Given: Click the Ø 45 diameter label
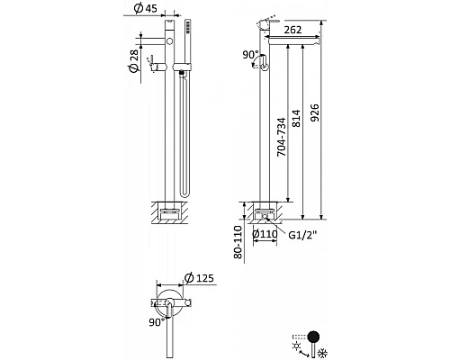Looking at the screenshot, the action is (146, 8).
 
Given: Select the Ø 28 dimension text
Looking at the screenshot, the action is (134, 61).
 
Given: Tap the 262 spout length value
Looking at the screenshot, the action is (292, 30).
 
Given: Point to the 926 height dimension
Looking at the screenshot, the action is (314, 112).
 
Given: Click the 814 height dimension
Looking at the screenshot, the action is (296, 118).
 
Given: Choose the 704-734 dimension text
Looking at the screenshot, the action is (282, 137).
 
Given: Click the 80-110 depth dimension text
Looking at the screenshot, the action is (238, 242).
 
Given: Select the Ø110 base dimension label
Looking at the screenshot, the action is (265, 234).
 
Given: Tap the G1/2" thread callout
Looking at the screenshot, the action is (302, 235).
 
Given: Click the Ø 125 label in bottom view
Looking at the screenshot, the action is (200, 278).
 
